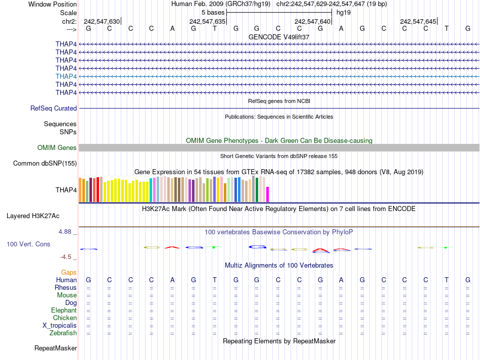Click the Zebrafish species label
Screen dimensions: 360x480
point(63,333)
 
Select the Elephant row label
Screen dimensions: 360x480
point(64,311)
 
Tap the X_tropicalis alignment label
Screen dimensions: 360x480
point(60,326)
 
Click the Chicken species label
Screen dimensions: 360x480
point(65,318)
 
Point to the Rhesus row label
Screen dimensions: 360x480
point(66,288)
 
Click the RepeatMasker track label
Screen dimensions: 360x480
point(56,348)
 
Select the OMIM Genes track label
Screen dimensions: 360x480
point(57,148)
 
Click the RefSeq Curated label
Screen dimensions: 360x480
point(54,109)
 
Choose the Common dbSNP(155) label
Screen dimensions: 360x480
point(45,164)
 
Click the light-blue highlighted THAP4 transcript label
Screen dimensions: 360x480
point(66,76)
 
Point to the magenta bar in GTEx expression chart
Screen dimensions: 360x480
point(268,194)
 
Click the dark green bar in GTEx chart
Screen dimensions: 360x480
point(257,190)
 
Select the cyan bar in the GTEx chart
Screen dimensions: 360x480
point(151,190)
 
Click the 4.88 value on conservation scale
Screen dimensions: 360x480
point(66,232)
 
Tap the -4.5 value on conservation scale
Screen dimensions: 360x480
point(68,256)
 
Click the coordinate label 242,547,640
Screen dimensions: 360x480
point(312,22)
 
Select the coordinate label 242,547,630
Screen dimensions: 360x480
point(102,22)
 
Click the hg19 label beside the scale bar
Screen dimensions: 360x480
point(344,12)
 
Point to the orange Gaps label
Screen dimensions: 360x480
point(69,273)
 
